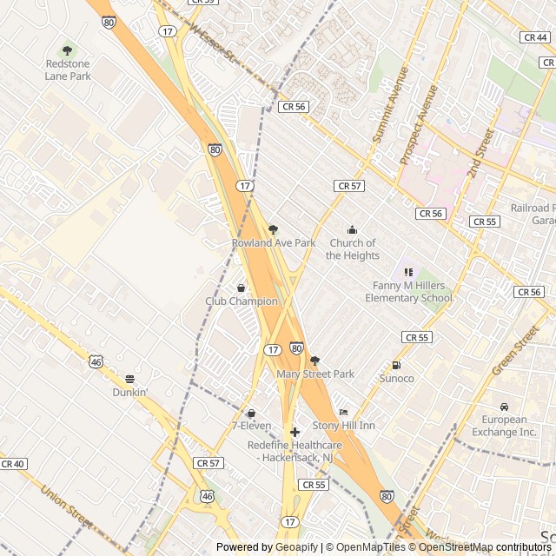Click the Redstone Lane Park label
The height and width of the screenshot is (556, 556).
[x=68, y=69]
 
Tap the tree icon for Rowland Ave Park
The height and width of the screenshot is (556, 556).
[x=273, y=229]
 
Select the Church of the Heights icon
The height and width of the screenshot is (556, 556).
[x=352, y=229]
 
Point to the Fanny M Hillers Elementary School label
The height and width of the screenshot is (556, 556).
[x=408, y=292]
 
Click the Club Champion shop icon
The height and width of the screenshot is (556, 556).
[x=241, y=288]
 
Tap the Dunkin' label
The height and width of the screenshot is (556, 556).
[x=129, y=392]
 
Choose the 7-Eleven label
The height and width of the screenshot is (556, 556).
[x=251, y=426]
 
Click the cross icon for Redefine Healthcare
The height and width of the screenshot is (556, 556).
[x=295, y=432]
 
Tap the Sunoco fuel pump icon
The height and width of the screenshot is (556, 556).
[x=396, y=365]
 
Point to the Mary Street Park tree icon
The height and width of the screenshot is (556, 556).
[x=314, y=360]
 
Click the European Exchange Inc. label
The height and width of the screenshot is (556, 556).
[x=504, y=426]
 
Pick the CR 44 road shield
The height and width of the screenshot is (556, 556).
[x=535, y=37]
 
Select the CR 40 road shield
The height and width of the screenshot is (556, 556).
[x=13, y=464]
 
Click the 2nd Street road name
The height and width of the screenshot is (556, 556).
[x=480, y=153]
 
